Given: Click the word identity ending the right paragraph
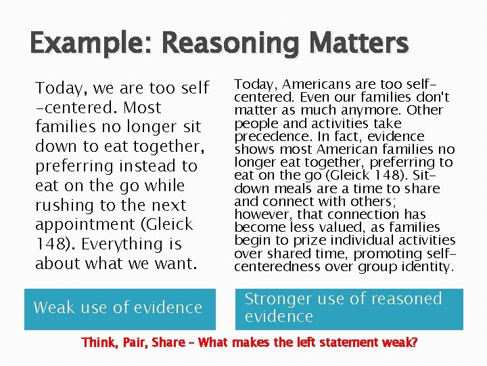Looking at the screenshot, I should pos(424,266).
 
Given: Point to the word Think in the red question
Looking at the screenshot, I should pos(99,343).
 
